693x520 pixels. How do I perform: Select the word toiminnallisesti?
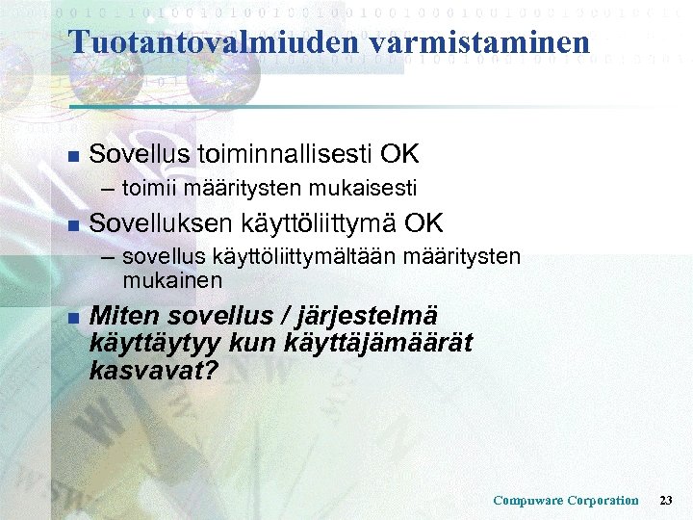(x=286, y=154)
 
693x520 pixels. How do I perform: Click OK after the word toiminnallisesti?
(x=399, y=154)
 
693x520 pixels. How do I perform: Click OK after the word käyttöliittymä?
(x=424, y=223)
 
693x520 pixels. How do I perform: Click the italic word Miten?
(x=124, y=316)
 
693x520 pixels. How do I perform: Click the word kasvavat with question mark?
(x=152, y=370)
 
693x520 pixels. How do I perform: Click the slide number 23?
(x=666, y=501)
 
